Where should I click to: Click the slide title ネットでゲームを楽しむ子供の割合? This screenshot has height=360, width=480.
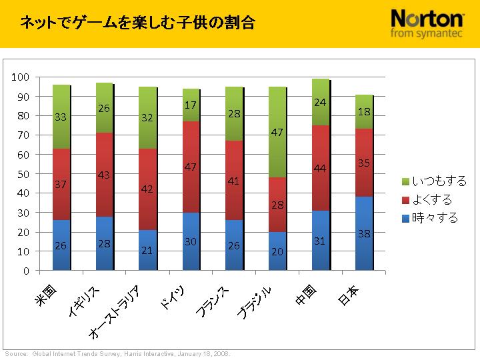pos(137,23)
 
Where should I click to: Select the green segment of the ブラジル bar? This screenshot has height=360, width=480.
pos(278,133)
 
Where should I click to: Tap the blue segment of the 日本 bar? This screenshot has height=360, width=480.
pos(364,233)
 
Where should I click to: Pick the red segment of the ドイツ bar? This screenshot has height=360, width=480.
pos(191,167)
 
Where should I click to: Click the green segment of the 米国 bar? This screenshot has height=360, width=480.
pos(62,117)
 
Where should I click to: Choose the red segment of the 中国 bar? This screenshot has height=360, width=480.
pos(321,168)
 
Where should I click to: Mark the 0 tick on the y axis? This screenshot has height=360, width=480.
pos(27,271)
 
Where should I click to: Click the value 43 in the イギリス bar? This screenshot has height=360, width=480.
pos(105,175)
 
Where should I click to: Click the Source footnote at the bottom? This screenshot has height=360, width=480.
pos(117,353)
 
